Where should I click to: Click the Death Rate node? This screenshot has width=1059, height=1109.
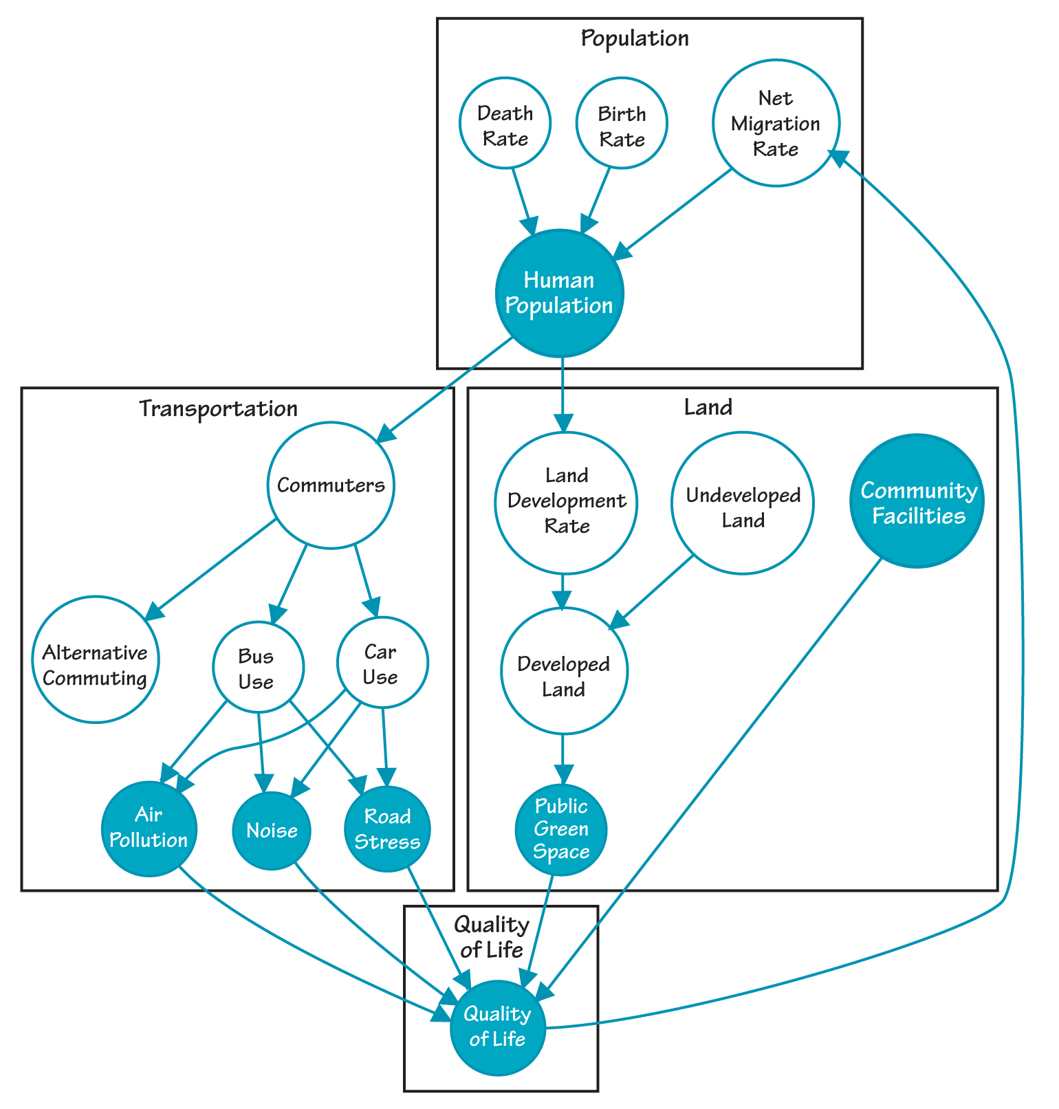pos(505,124)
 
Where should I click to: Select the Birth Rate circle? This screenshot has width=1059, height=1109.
pos(622,124)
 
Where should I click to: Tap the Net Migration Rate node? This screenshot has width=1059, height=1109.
pos(776,123)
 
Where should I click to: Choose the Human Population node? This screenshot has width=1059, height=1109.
pos(559,293)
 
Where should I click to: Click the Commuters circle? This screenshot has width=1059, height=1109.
pos(331,485)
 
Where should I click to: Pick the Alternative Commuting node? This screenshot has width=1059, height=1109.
pos(96,659)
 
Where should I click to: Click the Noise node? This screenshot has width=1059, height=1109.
pos(272,831)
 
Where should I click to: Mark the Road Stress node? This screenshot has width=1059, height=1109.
pos(388,828)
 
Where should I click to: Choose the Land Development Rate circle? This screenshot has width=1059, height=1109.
pos(566,502)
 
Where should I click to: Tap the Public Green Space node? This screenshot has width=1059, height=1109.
pos(562,829)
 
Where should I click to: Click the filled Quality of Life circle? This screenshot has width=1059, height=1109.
pos(497,1026)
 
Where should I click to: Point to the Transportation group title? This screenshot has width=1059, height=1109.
pos(219,408)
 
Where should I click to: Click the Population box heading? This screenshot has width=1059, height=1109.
pos(635,38)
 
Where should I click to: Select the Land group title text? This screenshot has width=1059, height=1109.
pos(708,408)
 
